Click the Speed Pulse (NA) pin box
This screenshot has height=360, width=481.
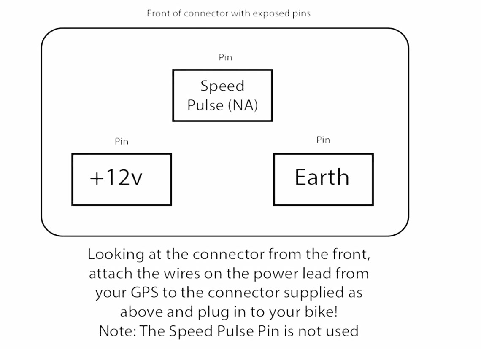coord(222,95)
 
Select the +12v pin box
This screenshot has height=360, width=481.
coord(122,179)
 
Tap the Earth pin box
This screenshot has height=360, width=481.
coord(323,179)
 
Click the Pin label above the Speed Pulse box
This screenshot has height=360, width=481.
coord(225,57)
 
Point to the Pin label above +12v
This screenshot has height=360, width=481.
coord(122,141)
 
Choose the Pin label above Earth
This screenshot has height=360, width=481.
coord(323,140)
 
